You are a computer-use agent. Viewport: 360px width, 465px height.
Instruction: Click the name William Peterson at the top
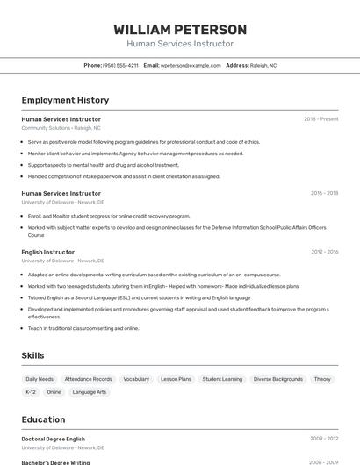tap(180, 29)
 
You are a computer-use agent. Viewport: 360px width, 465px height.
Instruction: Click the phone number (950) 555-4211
tap(120, 65)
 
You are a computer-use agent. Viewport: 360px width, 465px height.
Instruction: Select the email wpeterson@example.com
tap(191, 65)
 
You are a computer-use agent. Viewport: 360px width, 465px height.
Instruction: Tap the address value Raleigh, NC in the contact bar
tap(263, 65)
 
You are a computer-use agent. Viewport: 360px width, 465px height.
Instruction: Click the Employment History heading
tap(65, 100)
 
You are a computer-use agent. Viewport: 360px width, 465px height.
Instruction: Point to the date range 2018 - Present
tap(320, 119)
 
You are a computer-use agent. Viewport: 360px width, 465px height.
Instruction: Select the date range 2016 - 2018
tap(324, 193)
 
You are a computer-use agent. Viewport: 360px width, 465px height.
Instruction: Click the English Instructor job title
tap(48, 252)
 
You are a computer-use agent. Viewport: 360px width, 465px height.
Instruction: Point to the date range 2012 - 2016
tap(324, 252)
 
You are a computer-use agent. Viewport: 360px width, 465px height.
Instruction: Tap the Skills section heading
tap(33, 355)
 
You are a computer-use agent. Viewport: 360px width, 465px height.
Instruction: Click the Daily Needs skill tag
tap(40, 379)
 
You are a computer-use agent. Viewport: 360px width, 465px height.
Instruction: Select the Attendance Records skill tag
tap(88, 379)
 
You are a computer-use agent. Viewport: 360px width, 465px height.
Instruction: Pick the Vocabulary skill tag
tap(136, 379)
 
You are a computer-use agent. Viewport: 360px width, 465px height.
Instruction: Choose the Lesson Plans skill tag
tap(176, 379)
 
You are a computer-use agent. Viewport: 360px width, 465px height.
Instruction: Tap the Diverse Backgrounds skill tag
tap(277, 379)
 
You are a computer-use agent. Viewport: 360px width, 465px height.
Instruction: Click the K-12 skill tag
tap(31, 392)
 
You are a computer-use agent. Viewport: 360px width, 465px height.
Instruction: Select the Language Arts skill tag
tap(89, 392)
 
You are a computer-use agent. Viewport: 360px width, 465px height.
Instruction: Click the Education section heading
tap(43, 419)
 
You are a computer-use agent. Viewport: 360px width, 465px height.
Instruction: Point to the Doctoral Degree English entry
tap(54, 439)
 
